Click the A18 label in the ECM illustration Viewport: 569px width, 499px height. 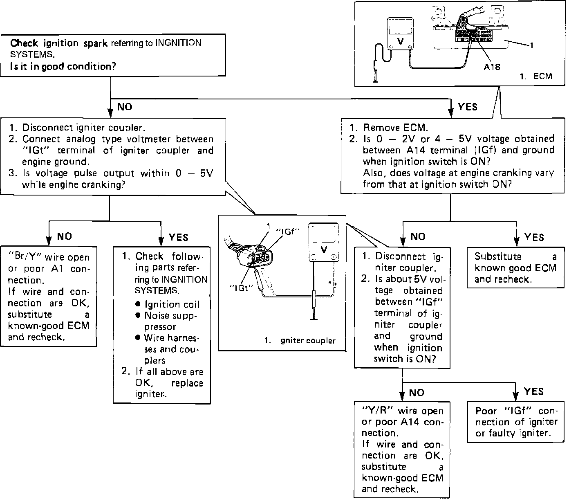[x=492, y=67]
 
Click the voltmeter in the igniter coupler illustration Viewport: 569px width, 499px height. [x=323, y=243]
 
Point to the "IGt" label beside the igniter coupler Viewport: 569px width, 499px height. [x=241, y=287]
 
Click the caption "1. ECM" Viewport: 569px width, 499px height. [x=536, y=76]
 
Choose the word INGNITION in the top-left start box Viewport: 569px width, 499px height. [x=179, y=43]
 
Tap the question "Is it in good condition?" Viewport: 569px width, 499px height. [x=63, y=66]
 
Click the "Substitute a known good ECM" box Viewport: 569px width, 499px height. [x=515, y=268]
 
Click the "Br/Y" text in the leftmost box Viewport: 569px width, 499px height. [x=25, y=258]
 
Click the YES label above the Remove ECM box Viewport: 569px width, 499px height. [x=468, y=107]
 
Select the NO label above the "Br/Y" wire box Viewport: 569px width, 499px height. [x=64, y=236]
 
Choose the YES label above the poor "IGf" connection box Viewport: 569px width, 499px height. [x=533, y=391]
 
